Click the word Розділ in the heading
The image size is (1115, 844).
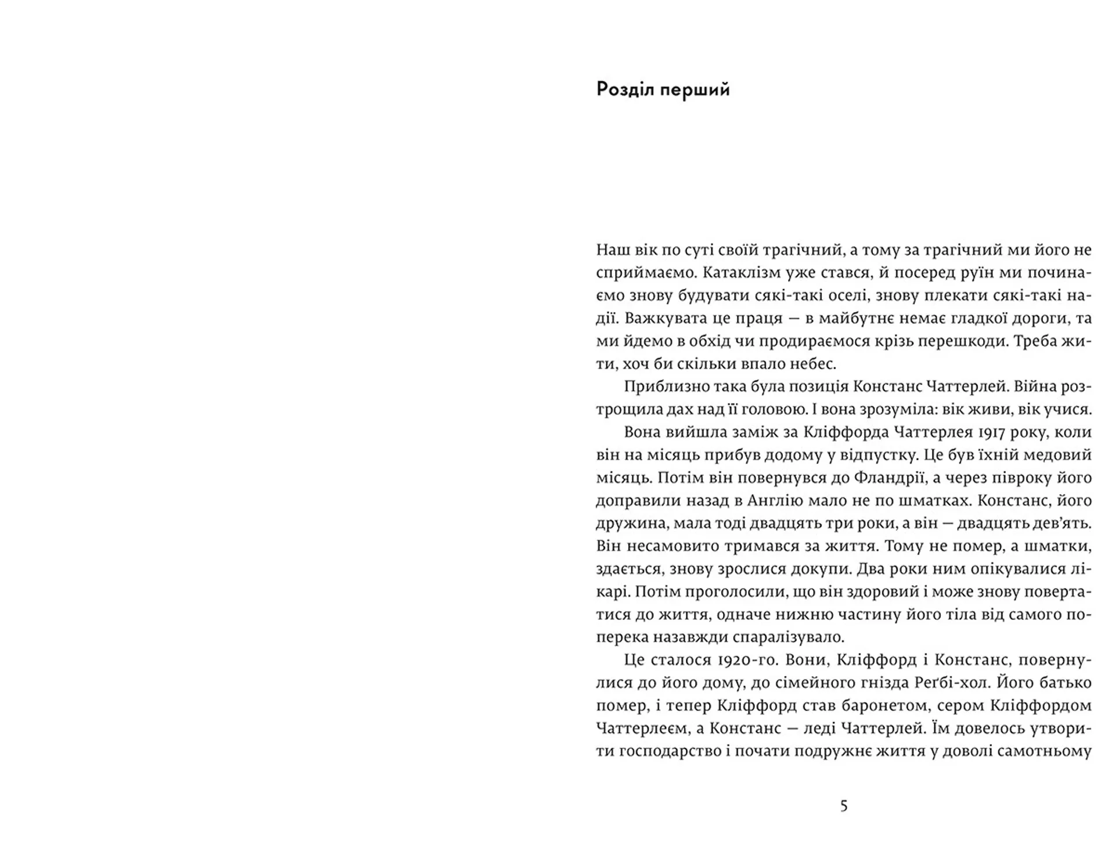pyautogui.click(x=627, y=90)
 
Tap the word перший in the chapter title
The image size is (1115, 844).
pyautogui.click(x=697, y=90)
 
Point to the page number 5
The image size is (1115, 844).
pyautogui.click(x=844, y=806)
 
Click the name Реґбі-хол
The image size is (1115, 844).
pyautogui.click(x=948, y=683)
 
